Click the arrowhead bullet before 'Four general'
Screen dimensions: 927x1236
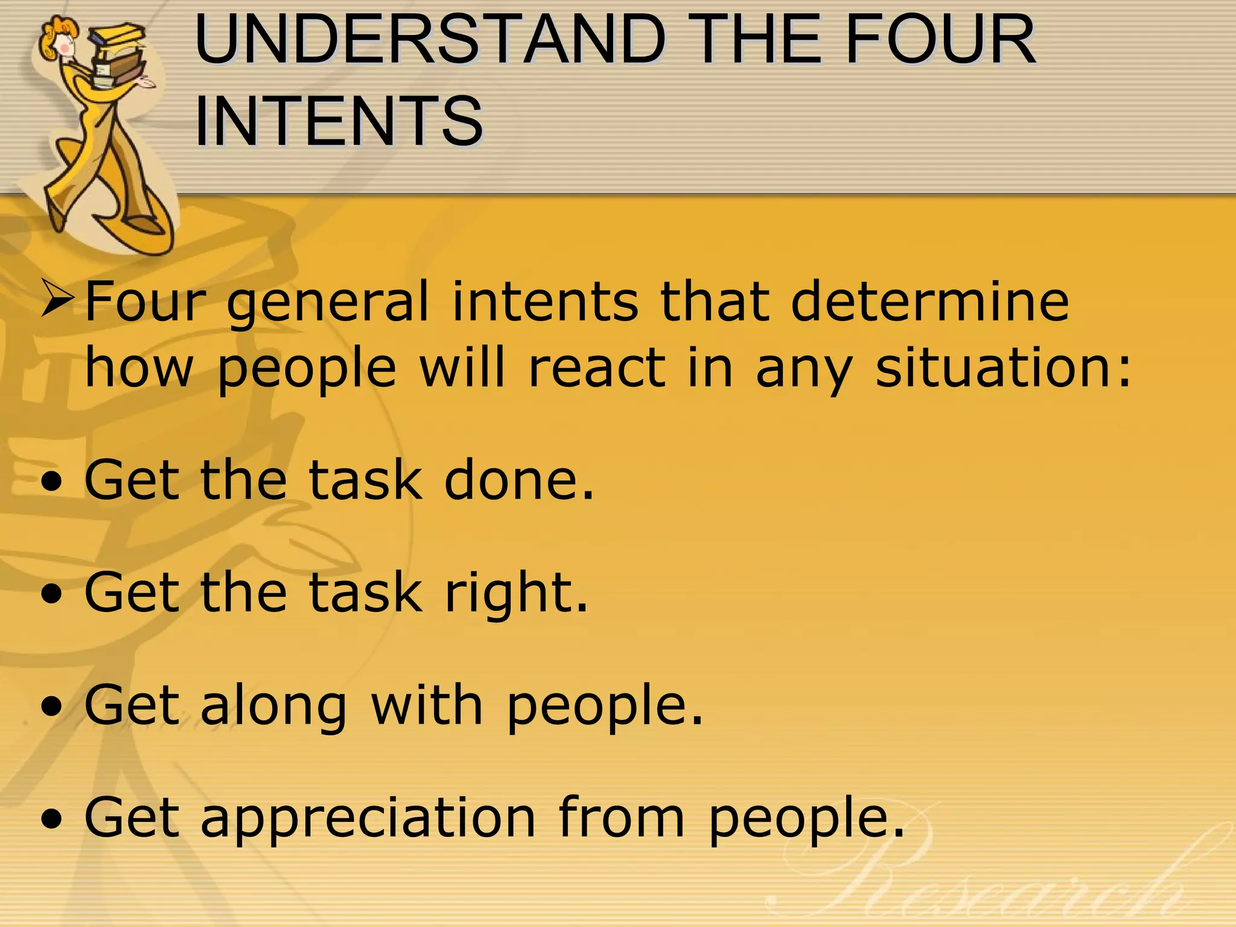(58, 300)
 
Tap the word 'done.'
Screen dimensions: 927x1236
(519, 480)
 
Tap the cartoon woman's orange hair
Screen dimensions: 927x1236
(51, 36)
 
